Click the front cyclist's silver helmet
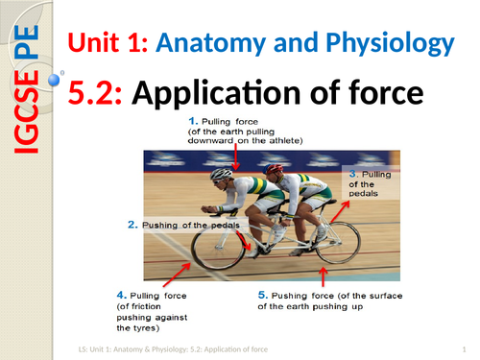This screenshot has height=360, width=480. (x=222, y=175)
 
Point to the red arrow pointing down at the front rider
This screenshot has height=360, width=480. (x=236, y=156)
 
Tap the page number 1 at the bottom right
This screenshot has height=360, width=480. (x=464, y=348)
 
